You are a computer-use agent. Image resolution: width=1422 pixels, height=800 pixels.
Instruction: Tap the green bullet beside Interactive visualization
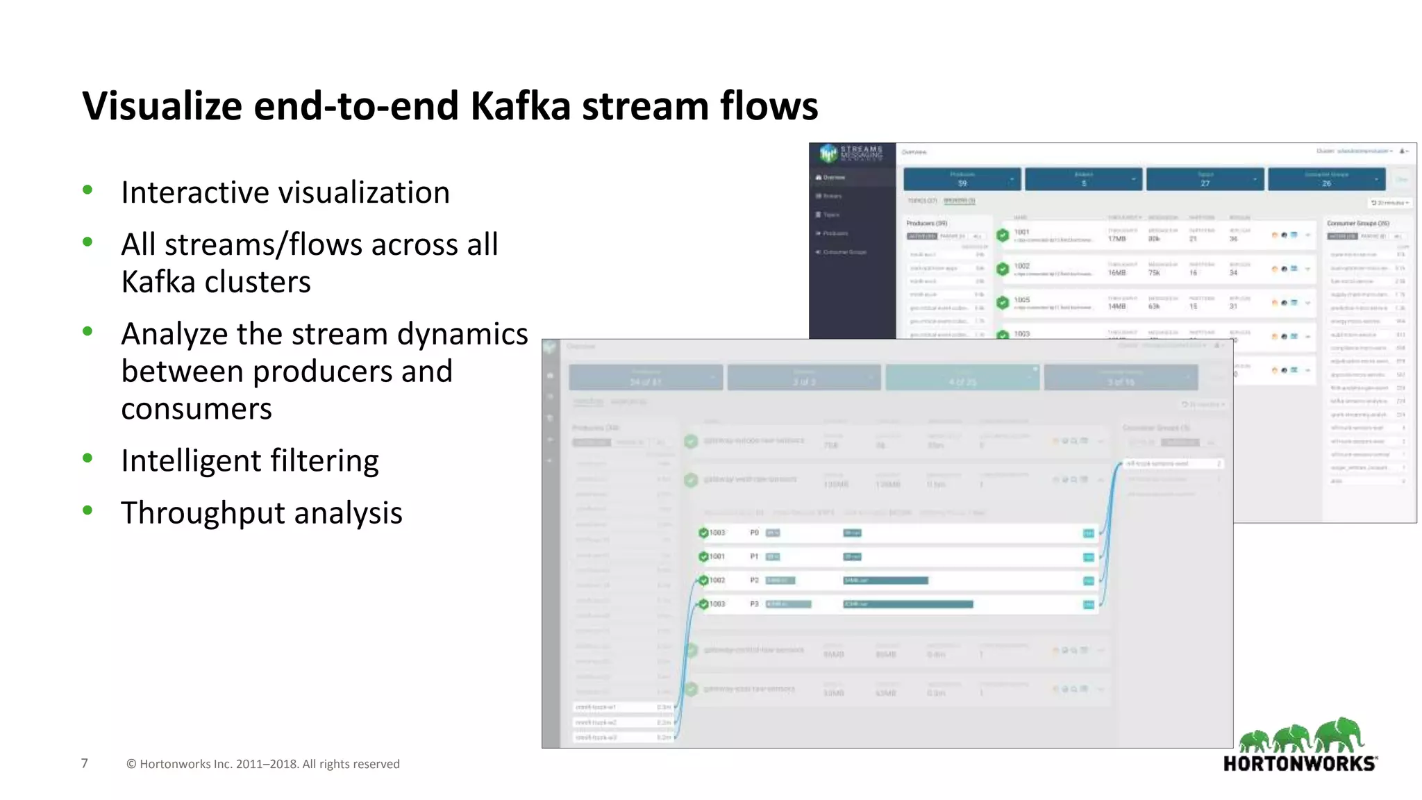pos(87,190)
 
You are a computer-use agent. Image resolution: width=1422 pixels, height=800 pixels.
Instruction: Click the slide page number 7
pos(85,763)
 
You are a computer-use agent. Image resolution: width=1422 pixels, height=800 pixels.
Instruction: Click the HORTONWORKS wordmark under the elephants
pos(1300,764)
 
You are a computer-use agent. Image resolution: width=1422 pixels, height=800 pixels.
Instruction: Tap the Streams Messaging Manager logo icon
pos(828,153)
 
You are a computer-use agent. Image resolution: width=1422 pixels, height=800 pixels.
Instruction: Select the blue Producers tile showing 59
pos(962,179)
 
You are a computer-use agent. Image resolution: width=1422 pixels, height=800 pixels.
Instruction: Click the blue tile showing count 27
pos(1205,179)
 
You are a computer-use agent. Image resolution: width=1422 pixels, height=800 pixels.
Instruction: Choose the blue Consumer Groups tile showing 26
pos(1326,179)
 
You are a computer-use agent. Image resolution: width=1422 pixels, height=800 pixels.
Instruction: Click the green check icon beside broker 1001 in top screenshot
pos(1003,235)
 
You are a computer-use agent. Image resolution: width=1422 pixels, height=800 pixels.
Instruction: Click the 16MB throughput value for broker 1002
pos(1116,273)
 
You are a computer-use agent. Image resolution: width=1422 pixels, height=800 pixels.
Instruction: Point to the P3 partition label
pos(754,604)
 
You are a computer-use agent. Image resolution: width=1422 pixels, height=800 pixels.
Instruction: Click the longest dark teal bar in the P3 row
pos(907,604)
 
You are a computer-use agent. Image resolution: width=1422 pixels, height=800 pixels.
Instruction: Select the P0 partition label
pos(754,533)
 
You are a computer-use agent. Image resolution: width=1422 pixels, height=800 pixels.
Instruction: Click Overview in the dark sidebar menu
pos(833,178)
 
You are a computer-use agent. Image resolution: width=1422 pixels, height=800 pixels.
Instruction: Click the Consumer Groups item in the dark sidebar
pos(844,252)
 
